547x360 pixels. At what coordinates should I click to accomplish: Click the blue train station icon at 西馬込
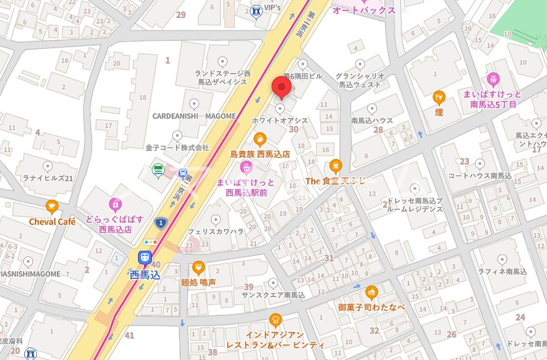click(x=145, y=257)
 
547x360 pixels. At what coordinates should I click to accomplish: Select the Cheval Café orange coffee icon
click(x=52, y=207)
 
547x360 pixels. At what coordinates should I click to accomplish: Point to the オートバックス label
click(x=364, y=11)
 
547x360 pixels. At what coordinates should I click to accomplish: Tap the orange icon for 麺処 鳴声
click(x=199, y=268)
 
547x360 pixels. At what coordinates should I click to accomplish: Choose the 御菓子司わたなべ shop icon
click(x=372, y=292)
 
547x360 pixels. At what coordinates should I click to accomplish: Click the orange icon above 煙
click(x=439, y=97)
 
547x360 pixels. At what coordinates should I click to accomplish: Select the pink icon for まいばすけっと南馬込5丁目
click(x=493, y=79)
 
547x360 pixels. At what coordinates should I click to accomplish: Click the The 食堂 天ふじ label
click(x=335, y=181)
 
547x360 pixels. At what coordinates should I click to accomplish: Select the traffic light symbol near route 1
click(x=150, y=241)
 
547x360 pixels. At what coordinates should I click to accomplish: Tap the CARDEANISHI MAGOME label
click(x=194, y=115)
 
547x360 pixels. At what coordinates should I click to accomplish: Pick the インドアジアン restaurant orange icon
click(x=275, y=320)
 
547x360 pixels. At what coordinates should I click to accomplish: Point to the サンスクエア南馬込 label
click(x=273, y=295)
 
